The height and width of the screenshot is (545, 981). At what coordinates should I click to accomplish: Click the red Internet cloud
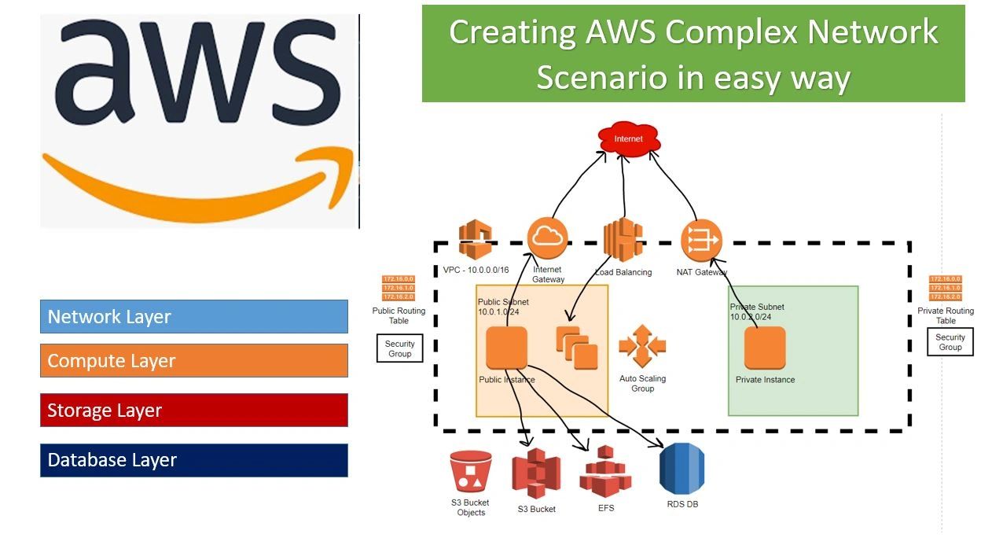628,139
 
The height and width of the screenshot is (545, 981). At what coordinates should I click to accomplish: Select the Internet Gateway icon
547,238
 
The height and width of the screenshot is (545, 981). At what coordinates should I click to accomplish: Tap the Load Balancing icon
622,239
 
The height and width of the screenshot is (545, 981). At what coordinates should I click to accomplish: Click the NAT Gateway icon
700,240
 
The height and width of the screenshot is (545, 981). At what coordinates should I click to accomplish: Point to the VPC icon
475,239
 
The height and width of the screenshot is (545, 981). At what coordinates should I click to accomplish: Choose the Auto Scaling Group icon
642,346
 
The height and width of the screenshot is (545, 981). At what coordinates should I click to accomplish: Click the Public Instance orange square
506,348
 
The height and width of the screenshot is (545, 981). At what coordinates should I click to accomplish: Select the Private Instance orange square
764,348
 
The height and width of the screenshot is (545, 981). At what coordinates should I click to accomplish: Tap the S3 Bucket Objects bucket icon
471,472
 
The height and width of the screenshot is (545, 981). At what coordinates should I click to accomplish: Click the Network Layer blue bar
193,316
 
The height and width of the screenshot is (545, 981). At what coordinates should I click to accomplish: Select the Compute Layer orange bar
193,361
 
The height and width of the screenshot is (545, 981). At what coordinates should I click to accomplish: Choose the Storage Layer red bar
193,410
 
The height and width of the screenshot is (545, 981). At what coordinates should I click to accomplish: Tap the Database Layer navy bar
193,460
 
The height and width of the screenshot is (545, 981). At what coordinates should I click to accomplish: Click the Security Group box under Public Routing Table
399,348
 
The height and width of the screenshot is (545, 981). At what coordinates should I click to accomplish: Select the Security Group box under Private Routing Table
950,342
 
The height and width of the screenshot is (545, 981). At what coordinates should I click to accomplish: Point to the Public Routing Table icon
398,288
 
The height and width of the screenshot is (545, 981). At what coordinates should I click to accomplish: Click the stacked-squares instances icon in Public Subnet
576,348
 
